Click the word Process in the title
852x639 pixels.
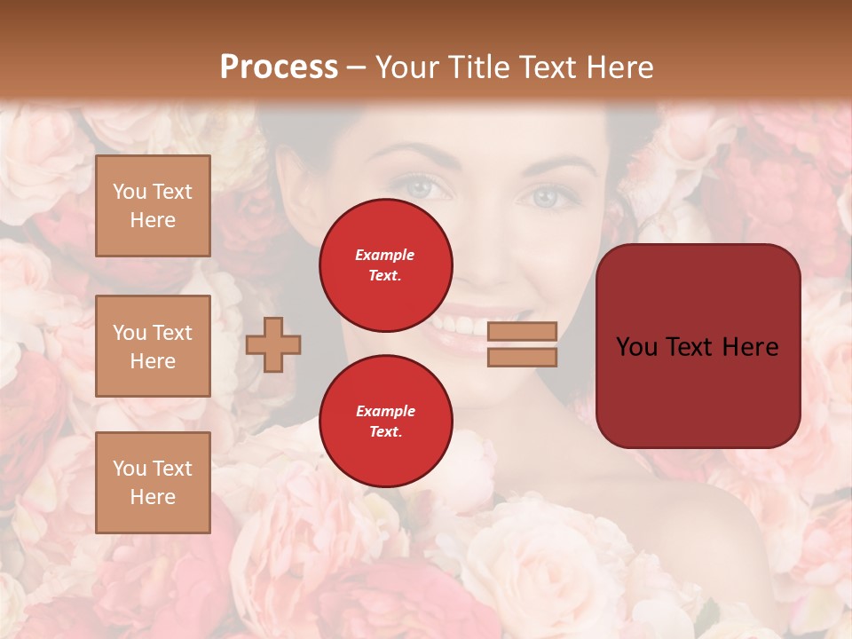coord(279,67)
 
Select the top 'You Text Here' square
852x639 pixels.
coord(153,206)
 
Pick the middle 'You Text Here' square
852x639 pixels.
coord(153,346)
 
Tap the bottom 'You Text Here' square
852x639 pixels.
coord(153,483)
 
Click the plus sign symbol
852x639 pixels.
coord(273,344)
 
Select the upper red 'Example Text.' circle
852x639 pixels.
coord(386,264)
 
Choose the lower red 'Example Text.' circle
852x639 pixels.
coord(386,422)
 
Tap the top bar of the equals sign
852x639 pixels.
coord(523,331)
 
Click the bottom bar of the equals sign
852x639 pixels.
coord(523,357)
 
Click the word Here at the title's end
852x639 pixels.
coord(620,67)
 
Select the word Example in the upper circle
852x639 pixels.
coord(385,255)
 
